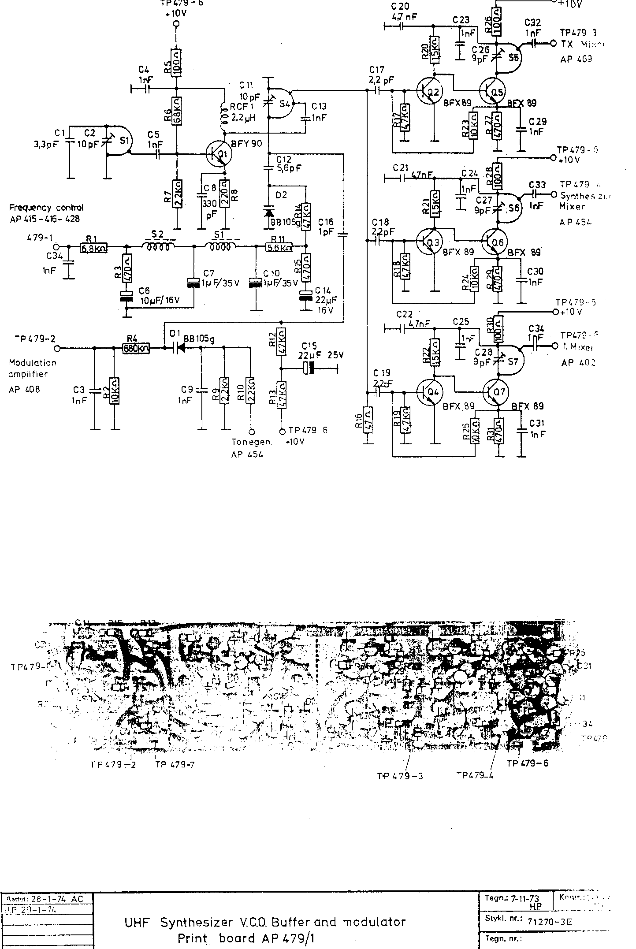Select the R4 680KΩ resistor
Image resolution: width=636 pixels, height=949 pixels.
click(x=136, y=348)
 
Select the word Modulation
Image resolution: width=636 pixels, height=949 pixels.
click(x=33, y=363)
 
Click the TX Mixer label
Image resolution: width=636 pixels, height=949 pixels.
click(x=582, y=45)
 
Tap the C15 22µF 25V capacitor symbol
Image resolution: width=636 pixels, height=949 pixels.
click(x=309, y=368)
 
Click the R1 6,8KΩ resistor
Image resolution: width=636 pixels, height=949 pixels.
click(x=93, y=248)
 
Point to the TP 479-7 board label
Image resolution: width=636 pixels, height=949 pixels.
click(x=175, y=765)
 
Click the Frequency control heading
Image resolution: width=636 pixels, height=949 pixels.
click(x=46, y=208)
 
